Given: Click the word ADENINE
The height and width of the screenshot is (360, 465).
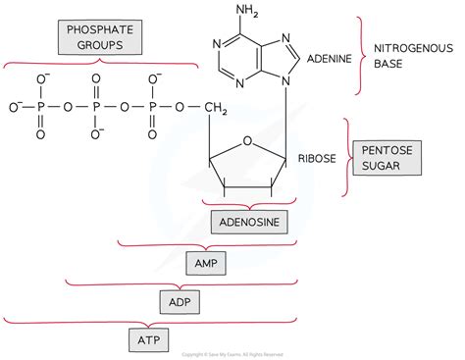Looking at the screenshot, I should [330, 59].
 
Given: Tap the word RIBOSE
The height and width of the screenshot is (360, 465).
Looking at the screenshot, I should [317, 157].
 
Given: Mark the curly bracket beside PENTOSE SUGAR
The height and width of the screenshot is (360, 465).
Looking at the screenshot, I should [345, 157].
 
